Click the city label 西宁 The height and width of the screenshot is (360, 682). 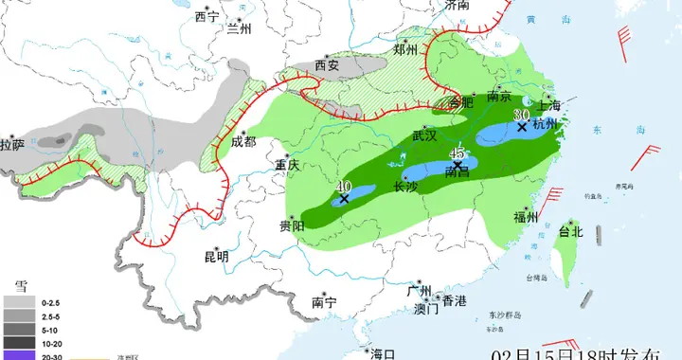(x=206, y=17)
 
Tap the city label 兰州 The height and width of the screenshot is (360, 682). (x=241, y=29)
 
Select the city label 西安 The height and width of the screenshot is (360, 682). (x=327, y=66)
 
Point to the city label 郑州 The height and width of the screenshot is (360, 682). (x=404, y=49)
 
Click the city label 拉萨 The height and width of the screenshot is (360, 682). (x=12, y=145)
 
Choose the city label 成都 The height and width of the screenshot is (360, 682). (x=242, y=142)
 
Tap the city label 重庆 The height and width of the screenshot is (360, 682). (x=287, y=165)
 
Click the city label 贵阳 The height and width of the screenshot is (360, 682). (x=292, y=226)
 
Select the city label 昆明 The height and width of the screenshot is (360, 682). (x=216, y=256)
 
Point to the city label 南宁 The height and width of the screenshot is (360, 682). (x=324, y=303)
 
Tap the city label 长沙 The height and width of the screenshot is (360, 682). (x=406, y=188)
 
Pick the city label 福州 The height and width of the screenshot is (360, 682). (x=526, y=218)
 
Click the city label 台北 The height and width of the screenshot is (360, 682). (x=571, y=231)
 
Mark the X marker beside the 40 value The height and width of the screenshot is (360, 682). (x=344, y=199)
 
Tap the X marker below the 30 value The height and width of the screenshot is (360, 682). (x=521, y=126)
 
